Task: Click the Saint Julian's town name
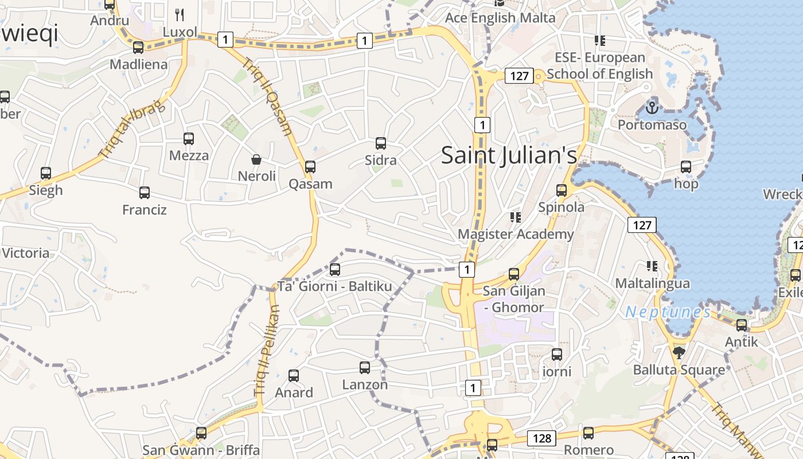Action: (509, 155)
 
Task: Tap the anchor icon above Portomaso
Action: (652, 107)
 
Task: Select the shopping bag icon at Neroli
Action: (256, 159)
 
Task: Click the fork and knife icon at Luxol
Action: (180, 15)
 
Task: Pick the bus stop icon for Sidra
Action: (381, 143)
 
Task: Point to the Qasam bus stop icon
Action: (310, 167)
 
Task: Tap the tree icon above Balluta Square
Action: (679, 352)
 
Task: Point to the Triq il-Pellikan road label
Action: (267, 351)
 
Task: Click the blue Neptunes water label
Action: (668, 312)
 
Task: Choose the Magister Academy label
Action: (516, 234)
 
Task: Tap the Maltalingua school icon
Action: (652, 266)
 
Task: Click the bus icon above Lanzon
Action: (365, 368)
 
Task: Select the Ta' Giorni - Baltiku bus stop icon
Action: (335, 269)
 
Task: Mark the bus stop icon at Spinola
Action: (562, 190)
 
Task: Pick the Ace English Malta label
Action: (500, 18)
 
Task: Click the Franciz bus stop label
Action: (145, 210)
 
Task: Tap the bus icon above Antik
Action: (742, 325)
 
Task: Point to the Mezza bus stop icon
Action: (189, 138)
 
